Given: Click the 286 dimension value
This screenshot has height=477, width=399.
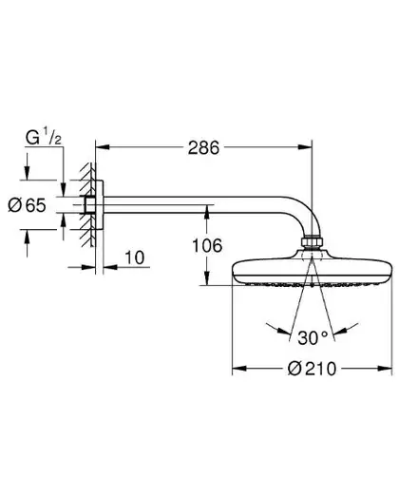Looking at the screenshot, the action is [203, 147].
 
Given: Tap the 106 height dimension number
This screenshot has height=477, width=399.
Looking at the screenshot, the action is [207, 245].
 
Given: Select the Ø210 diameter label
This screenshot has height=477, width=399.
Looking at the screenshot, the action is [312, 369].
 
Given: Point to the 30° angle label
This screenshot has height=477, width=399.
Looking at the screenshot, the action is [313, 338].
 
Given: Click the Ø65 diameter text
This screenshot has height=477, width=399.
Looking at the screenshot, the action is [27, 205].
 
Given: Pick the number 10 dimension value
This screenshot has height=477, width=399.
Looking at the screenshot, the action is [135, 258].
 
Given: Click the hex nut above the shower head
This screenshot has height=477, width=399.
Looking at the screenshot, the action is [312, 241].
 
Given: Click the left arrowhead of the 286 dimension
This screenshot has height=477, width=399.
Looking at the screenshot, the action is [103, 147].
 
